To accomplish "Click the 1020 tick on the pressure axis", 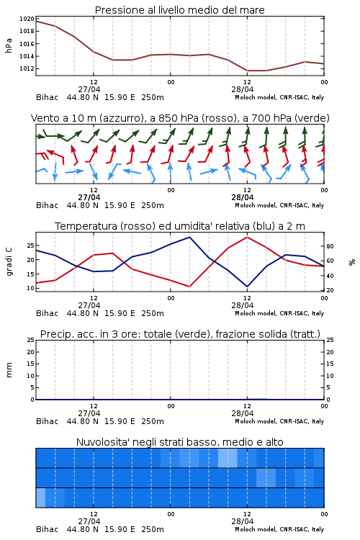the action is tap(27, 19).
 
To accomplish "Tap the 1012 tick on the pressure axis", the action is tap(27, 68).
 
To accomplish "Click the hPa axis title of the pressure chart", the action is tap(9, 45).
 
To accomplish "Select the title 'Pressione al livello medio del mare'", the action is tap(180, 10).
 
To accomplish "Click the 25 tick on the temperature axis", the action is tap(31, 246).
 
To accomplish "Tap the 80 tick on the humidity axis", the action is tap(330, 246).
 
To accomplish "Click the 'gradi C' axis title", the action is tap(9, 262).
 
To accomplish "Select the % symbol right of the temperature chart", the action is tap(352, 262).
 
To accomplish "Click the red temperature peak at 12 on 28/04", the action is tap(248, 237).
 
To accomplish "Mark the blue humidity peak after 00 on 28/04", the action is tap(189, 237).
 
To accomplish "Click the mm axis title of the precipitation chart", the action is tap(9, 370).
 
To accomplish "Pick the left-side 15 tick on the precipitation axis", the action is tap(31, 364).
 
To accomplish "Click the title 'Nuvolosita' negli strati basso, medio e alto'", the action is tap(180, 442).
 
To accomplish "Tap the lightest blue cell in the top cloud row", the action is tap(228, 458).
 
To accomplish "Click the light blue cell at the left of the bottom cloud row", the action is tap(40, 498).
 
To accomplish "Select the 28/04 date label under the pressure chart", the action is tap(243, 89).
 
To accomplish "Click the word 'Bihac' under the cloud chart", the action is tap(48, 529).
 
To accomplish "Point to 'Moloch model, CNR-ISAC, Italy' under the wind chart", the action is tap(279, 205).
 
